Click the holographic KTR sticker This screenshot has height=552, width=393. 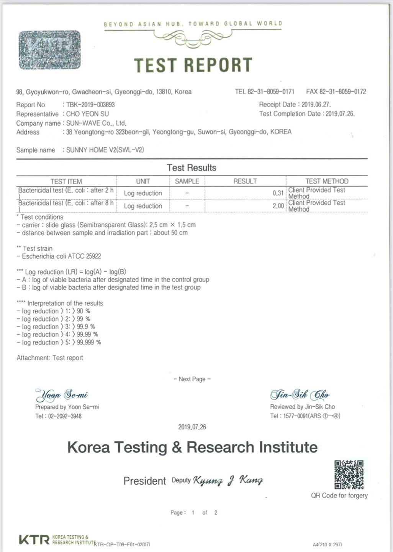tap(49, 50)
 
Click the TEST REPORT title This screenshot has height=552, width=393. tap(193, 65)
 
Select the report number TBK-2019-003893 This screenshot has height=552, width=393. tap(90, 105)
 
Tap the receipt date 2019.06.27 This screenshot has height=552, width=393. tap(316, 104)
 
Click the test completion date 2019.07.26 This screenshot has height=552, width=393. tap(340, 114)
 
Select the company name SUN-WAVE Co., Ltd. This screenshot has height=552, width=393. tap(96, 123)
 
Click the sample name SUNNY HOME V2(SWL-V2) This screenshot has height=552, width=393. tap(105, 150)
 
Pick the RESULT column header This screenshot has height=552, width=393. tap(245, 181)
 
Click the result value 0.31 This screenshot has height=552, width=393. tap(278, 193)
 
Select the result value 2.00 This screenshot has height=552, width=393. tap(278, 206)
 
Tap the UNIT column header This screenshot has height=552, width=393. tap(143, 181)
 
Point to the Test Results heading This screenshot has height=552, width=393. tap(192, 168)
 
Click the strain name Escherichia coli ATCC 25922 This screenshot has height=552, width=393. tap(61, 256)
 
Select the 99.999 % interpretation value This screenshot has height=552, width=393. tap(89, 342)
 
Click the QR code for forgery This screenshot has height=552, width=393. tap(349, 475)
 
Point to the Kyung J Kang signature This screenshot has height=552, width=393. tap(228, 480)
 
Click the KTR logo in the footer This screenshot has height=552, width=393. tap(34, 540)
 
